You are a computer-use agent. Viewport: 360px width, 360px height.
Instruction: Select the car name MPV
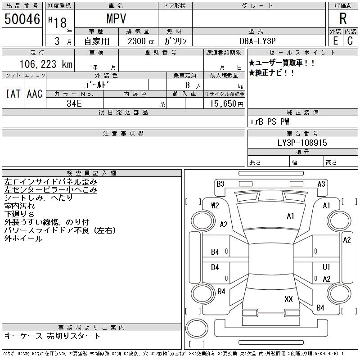[x=116, y=19]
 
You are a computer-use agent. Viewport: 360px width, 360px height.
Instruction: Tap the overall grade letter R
[x=343, y=19]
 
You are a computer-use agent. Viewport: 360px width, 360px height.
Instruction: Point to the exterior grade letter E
[x=335, y=40]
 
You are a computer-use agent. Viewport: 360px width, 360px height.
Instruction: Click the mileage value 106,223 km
[x=45, y=64]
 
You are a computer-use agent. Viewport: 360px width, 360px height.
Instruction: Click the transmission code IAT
[x=13, y=94]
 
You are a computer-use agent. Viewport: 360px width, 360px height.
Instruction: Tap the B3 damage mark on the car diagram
[x=220, y=184]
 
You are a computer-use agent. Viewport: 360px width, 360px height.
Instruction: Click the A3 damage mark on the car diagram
[x=321, y=184]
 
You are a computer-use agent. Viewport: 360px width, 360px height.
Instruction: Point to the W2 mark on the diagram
[x=215, y=206]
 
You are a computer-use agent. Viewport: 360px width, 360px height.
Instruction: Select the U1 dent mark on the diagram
[x=327, y=267]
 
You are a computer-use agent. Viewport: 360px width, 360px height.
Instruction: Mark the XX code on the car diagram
[x=288, y=299]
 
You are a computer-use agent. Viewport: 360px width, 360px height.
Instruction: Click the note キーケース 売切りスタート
[x=52, y=336]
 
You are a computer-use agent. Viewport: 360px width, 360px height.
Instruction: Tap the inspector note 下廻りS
[x=19, y=214]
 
